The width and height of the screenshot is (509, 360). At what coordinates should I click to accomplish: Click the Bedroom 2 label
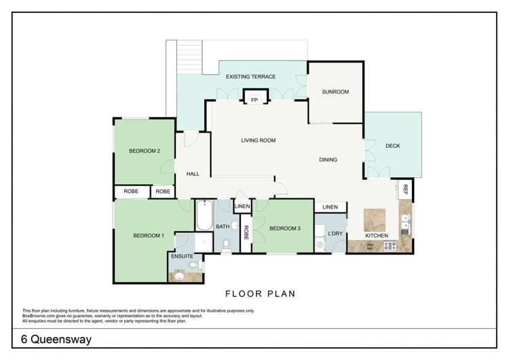pyautogui.click(x=144, y=151)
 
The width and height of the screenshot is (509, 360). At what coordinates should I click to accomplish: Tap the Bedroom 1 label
pyautogui.click(x=149, y=236)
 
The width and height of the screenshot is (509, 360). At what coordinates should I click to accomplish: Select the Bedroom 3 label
pyautogui.click(x=284, y=228)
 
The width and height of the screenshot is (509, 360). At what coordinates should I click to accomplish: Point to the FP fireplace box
pyautogui.click(x=254, y=100)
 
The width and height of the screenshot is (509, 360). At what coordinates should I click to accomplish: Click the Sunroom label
pyautogui.click(x=335, y=92)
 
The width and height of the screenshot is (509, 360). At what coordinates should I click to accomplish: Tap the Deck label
pyautogui.click(x=392, y=145)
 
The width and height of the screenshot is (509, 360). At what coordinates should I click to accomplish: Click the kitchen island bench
pyautogui.click(x=375, y=220)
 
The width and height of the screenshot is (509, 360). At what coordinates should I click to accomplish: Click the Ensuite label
pyautogui.click(x=183, y=256)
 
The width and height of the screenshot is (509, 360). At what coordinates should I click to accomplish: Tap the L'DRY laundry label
pyautogui.click(x=335, y=234)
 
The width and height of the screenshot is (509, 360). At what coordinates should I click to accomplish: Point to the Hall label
pyautogui.click(x=192, y=174)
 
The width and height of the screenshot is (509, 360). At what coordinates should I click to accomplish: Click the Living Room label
pyautogui.click(x=258, y=141)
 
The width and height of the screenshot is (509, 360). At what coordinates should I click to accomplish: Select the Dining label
pyautogui.click(x=328, y=160)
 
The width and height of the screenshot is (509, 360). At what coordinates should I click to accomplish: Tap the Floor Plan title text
pyautogui.click(x=254, y=294)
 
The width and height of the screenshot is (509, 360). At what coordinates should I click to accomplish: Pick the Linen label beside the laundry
pyautogui.click(x=330, y=207)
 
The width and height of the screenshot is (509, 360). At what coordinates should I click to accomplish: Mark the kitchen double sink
pyautogui.click(x=405, y=223)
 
